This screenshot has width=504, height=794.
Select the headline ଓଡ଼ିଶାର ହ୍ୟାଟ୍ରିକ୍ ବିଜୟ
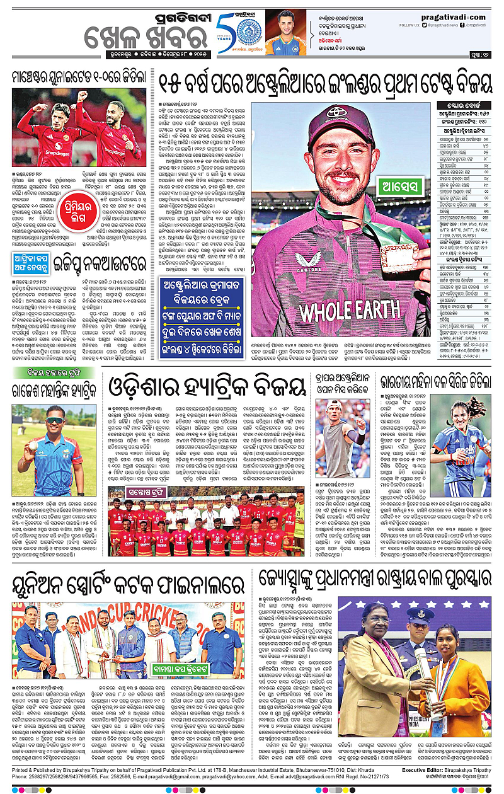pyautogui.click(x=209, y=384)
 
